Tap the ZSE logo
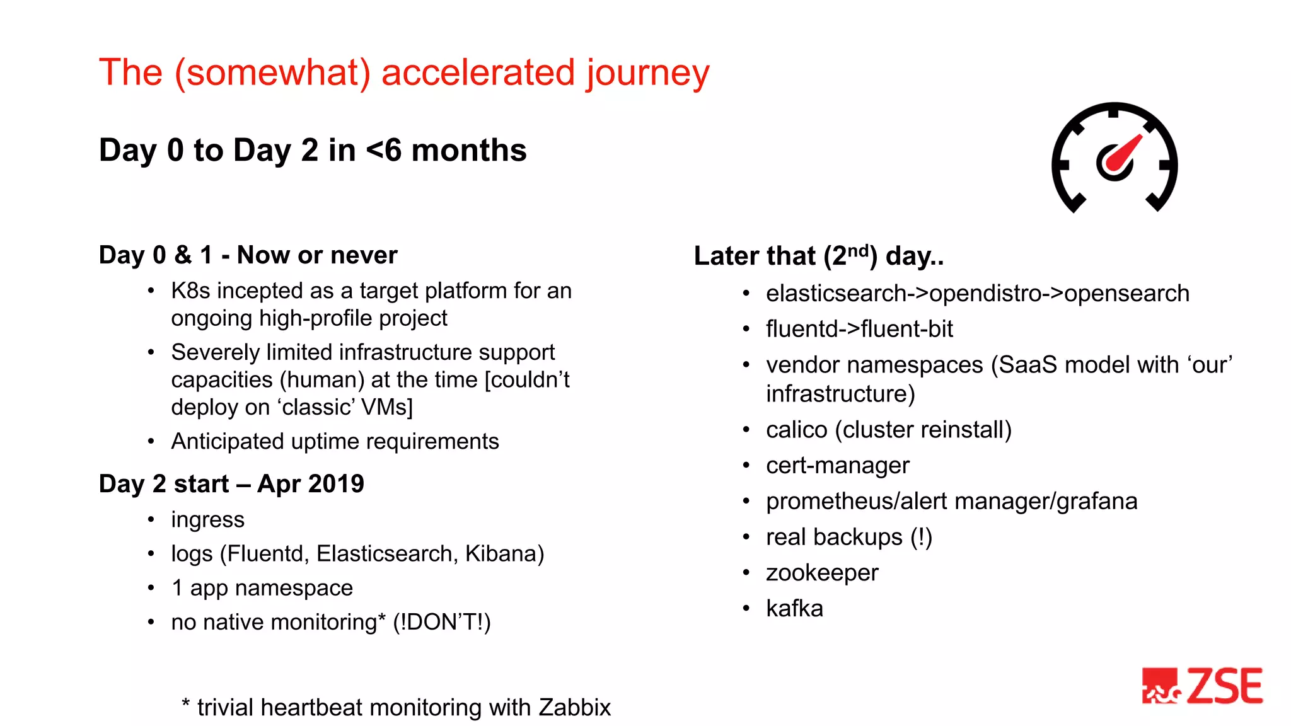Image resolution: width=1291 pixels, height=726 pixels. [x=1203, y=686]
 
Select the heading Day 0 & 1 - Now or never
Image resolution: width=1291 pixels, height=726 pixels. [x=248, y=255]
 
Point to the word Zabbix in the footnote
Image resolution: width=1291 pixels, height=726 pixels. [x=574, y=708]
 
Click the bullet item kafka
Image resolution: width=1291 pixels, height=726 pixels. [x=794, y=609]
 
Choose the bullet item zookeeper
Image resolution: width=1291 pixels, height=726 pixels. [x=821, y=573]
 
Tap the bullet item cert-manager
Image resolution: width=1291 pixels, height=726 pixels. [x=837, y=466]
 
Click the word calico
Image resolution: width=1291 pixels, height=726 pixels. [x=796, y=430]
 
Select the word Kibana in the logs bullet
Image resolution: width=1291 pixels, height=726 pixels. [x=504, y=554]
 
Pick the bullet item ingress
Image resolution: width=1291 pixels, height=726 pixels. [x=207, y=520]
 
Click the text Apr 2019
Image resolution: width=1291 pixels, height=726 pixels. [x=310, y=484]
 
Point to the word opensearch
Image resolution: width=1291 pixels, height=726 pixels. [x=1126, y=294]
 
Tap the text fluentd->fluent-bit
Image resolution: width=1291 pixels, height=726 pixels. [x=859, y=329]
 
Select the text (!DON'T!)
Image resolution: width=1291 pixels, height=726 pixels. [x=441, y=622]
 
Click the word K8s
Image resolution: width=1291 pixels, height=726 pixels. [x=190, y=291]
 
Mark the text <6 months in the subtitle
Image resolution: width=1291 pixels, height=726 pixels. [x=446, y=151]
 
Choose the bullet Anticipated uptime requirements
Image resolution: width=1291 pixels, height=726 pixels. [x=335, y=442]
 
